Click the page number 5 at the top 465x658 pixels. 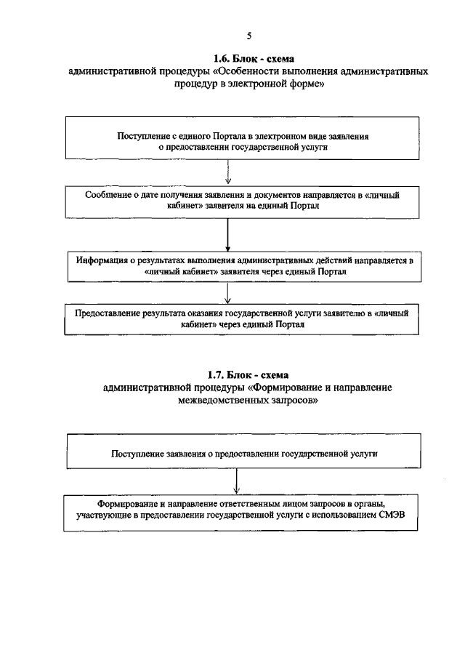249,35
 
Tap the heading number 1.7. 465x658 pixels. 218,375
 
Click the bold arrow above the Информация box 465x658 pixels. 228,236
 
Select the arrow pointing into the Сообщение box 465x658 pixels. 228,174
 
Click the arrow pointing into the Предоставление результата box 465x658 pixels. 228,292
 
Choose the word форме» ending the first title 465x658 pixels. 306,84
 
